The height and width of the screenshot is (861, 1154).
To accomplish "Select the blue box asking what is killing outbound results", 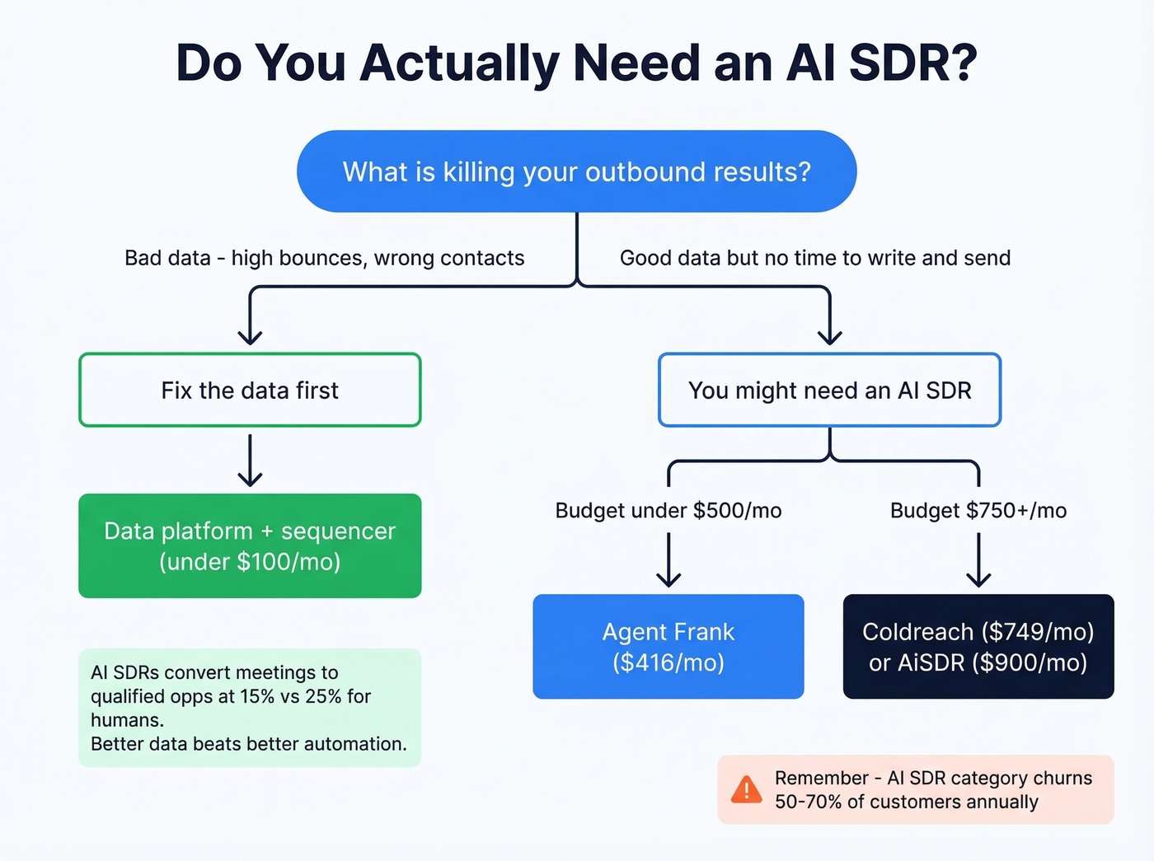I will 576,171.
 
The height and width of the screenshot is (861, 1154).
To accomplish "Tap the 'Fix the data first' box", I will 250,391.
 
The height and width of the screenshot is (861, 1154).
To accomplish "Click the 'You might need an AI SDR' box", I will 829,391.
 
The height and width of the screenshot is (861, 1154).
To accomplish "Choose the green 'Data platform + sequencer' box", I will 250,545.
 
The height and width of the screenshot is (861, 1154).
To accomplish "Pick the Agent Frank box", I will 668,646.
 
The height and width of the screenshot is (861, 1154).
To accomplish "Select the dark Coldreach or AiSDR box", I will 978,646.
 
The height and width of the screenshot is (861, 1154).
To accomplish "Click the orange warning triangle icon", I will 747,790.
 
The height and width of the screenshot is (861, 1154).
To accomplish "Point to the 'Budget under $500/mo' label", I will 668,511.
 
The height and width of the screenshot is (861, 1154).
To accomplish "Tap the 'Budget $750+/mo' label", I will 978,511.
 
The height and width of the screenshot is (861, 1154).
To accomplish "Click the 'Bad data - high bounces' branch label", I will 324,258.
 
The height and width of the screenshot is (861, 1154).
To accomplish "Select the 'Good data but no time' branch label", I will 814,258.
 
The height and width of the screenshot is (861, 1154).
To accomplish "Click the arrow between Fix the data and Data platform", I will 250,461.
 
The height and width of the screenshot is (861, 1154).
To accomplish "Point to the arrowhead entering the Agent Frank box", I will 668,578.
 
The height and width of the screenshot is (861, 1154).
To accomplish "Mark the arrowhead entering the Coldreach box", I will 978,578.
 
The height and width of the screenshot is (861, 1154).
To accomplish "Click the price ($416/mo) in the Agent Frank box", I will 668,662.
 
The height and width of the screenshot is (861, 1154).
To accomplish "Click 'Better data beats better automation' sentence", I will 249,744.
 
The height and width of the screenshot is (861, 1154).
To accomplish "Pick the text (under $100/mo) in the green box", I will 250,562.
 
